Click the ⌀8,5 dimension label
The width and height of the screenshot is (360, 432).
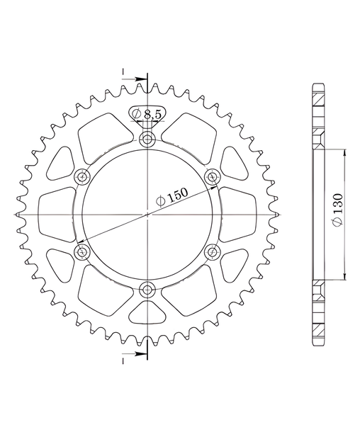(x=147, y=114)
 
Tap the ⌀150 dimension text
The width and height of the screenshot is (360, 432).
(x=171, y=197)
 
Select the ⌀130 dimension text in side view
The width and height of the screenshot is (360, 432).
(x=337, y=210)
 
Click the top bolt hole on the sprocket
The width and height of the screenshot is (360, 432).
(x=147, y=139)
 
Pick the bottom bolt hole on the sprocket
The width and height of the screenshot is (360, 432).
(x=147, y=290)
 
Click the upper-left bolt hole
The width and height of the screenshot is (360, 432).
(x=82, y=176)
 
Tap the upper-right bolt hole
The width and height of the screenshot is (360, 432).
(x=213, y=176)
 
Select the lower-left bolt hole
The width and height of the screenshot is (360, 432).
(x=82, y=251)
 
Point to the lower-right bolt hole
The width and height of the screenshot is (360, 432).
(x=213, y=251)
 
